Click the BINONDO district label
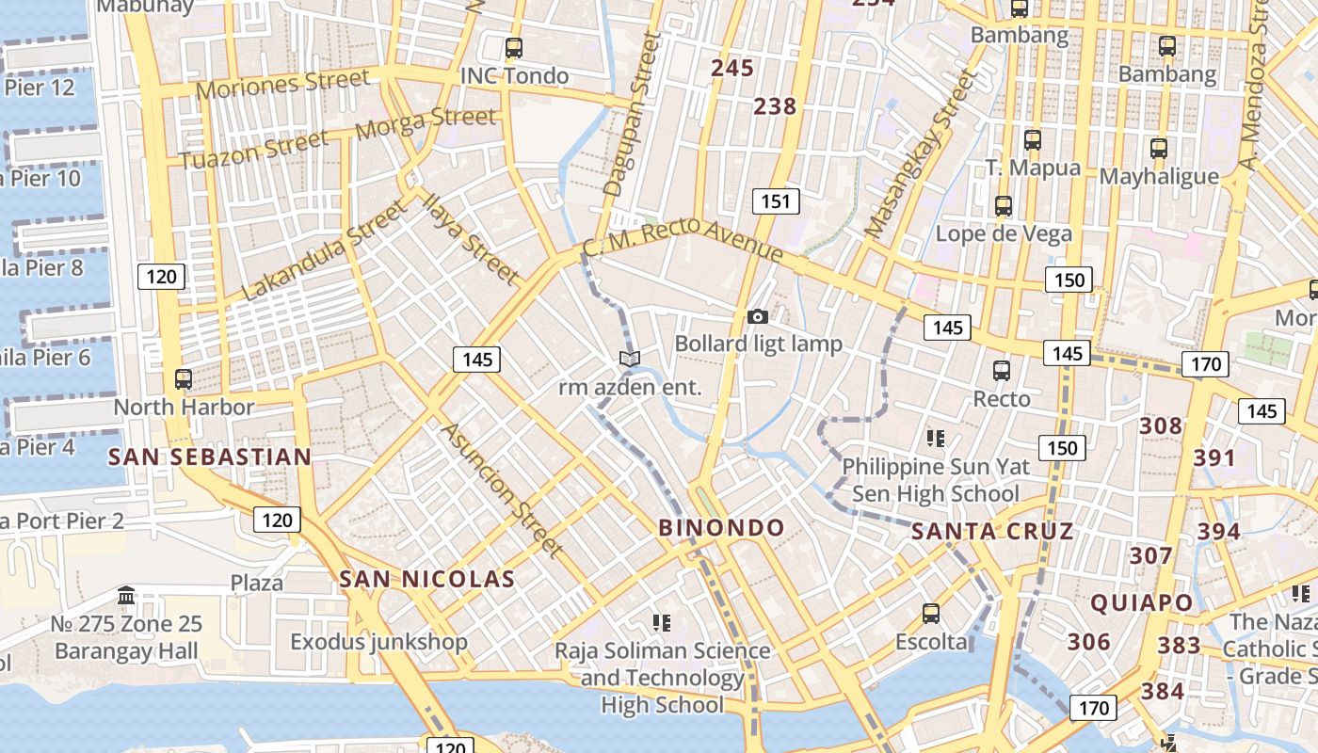pos(721,528)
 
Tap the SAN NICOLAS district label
pos(426,579)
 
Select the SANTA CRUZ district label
pos(992,532)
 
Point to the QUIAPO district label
pos(1141,602)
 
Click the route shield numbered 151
pos(776,200)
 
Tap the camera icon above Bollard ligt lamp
pos(757,317)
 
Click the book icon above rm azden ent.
pos(630,359)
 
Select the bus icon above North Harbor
pos(184,379)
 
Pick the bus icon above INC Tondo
pos(513,47)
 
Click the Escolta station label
pos(930,642)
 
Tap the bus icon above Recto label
pos(1002,371)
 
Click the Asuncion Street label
pos(503,489)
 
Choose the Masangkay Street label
pos(919,155)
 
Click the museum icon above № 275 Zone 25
pos(126,595)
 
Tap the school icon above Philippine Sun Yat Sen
pos(935,438)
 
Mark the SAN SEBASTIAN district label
pos(209,457)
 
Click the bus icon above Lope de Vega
pos(1004,206)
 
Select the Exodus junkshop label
pos(378,642)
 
